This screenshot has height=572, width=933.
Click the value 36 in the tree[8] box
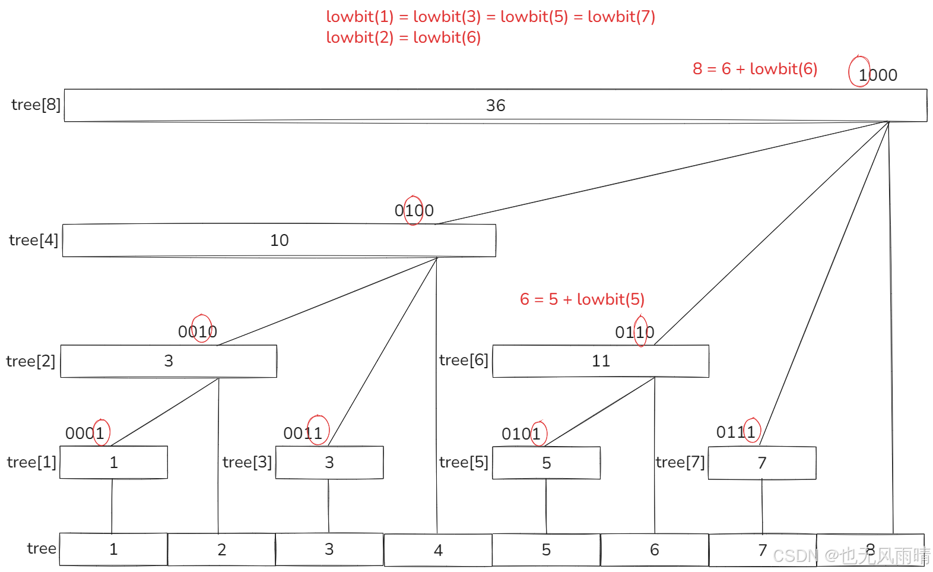[x=496, y=106]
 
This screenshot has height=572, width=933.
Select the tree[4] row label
[x=33, y=240]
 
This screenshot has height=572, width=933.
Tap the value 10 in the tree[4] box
[x=279, y=241]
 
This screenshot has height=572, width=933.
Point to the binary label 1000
[x=877, y=75]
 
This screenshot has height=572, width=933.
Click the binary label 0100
[x=414, y=211]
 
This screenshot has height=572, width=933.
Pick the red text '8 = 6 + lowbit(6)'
[x=755, y=69]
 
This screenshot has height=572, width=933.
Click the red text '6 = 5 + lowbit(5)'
[x=582, y=299]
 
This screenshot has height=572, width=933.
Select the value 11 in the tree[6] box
[x=601, y=361]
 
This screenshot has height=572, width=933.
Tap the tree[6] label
[x=464, y=360]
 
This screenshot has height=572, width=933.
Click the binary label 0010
[x=198, y=332]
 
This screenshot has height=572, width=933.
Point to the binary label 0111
[x=737, y=432]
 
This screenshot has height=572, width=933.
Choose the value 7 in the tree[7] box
[x=762, y=463]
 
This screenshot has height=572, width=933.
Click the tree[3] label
[x=247, y=462]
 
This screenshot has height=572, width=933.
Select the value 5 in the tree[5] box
[x=547, y=463]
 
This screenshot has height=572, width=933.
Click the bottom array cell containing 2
[x=221, y=550]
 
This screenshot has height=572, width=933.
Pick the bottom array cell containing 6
[x=655, y=550]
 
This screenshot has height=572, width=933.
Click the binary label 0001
[x=85, y=434]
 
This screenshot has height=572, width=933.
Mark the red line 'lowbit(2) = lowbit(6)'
[x=403, y=37]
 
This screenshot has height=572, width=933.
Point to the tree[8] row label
[x=36, y=105]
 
